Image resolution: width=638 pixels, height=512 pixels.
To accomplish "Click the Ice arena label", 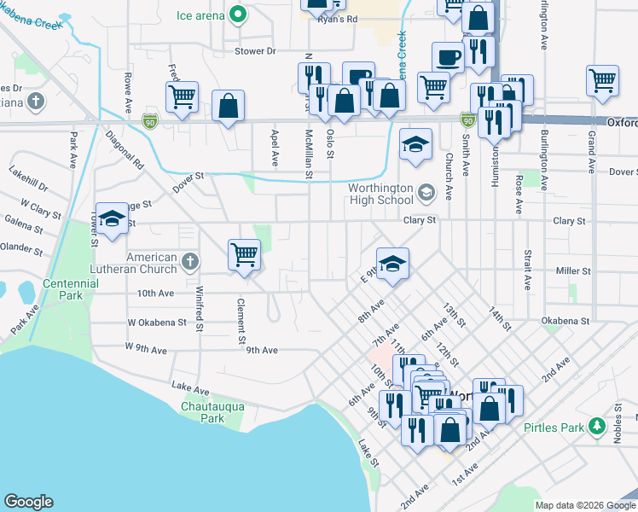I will click(200, 15).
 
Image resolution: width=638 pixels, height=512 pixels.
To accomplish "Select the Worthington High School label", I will click(381, 195).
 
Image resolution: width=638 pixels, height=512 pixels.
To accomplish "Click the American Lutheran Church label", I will click(152, 263).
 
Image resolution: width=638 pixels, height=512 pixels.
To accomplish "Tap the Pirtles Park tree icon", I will click(598, 425).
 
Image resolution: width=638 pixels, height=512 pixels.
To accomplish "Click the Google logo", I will click(28, 502).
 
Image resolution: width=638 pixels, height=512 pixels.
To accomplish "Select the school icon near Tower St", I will click(112, 218).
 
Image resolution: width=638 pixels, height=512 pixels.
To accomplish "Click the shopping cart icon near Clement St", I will click(244, 254).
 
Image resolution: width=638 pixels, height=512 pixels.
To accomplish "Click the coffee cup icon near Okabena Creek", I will click(448, 58).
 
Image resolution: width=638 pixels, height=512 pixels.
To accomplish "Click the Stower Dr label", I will click(256, 51).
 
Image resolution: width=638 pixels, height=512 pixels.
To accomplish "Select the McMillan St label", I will click(310, 154).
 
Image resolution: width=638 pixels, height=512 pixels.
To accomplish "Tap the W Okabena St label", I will click(157, 323).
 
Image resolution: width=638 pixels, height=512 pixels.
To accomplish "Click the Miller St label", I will click(573, 271).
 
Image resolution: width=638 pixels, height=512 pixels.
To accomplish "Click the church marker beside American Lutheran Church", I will click(190, 259).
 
